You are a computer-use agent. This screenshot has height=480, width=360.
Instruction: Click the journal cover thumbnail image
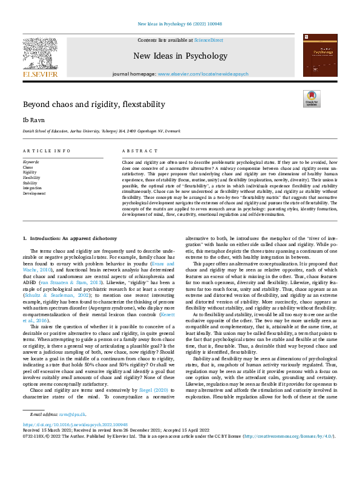point(320,55)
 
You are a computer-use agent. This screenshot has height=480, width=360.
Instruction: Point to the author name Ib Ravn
point(31,120)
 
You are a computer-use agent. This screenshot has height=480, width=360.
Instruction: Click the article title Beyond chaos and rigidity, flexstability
point(94,105)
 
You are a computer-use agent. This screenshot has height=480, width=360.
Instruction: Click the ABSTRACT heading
point(136,151)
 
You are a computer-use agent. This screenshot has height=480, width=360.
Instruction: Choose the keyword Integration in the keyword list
point(31,188)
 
